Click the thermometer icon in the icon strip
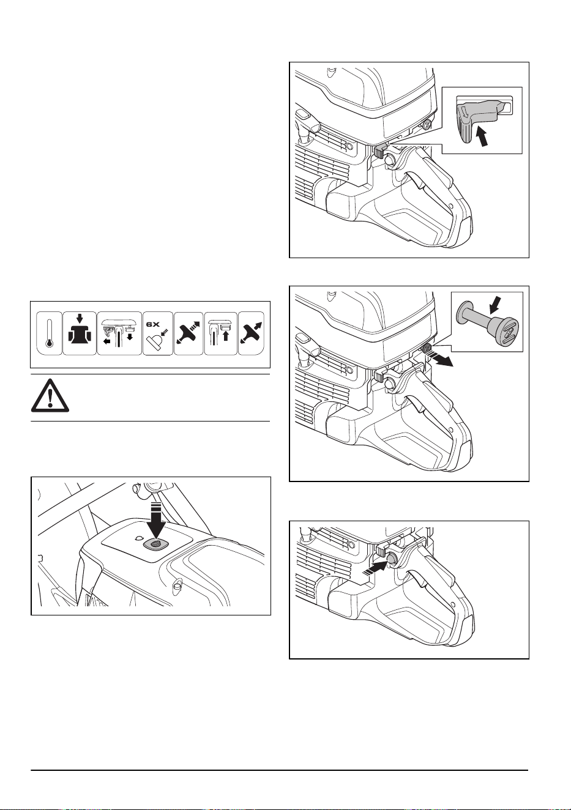pos(50,333)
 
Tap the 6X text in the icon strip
pos(152,324)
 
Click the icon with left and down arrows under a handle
pos(119,333)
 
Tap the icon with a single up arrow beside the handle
pos(221,333)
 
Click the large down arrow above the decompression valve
pos(156,521)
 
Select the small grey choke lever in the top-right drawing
pos(379,151)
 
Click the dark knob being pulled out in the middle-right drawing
pos(427,348)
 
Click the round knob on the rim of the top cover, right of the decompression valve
pos(177,583)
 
